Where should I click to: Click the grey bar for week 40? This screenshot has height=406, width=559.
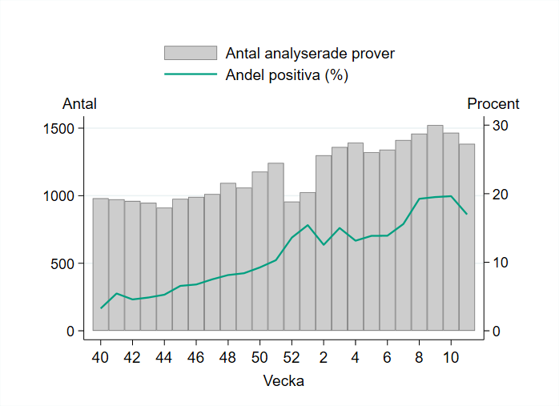[x=101, y=264]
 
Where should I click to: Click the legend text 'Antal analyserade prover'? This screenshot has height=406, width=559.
[x=310, y=54]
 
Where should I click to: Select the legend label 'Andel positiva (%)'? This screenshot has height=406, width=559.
[x=288, y=75]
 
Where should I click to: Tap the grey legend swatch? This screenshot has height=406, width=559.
[x=191, y=54]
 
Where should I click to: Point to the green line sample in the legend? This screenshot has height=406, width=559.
[x=191, y=75]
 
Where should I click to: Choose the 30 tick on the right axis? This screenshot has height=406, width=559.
[x=501, y=126]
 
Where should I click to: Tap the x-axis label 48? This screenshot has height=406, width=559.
[x=228, y=356]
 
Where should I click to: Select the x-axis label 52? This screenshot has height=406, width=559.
[x=292, y=356]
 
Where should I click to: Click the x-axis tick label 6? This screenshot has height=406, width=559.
[x=387, y=356]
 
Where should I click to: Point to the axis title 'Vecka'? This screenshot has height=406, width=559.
[x=284, y=381]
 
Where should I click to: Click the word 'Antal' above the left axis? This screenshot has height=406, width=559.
[x=79, y=104]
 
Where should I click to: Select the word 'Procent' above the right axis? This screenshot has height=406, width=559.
[x=493, y=104]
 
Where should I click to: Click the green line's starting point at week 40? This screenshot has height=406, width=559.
[x=101, y=308]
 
